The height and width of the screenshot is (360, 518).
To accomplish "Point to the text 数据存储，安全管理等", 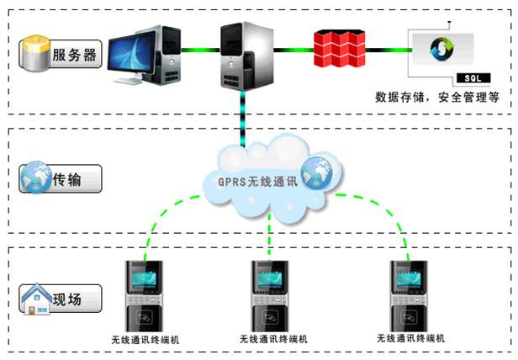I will (x=437, y=98).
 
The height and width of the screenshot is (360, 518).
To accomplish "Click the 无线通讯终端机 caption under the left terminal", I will (x=145, y=340).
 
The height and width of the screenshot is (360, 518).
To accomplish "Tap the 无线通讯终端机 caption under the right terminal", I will (x=411, y=338).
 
